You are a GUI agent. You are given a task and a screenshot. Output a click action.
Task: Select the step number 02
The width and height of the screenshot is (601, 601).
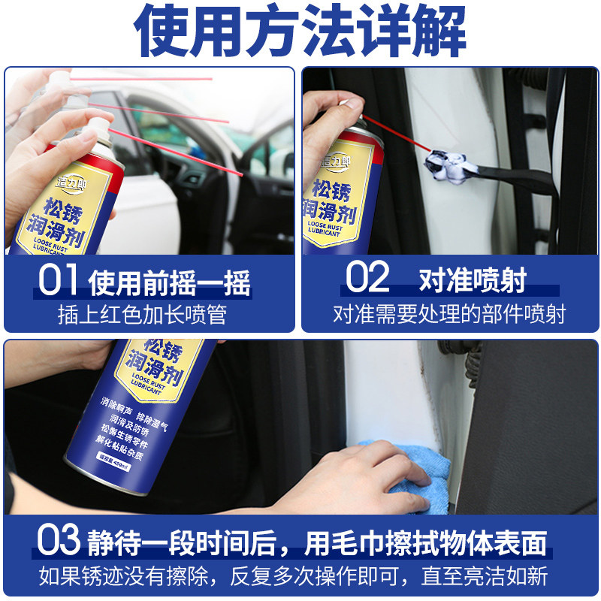(x=367, y=278)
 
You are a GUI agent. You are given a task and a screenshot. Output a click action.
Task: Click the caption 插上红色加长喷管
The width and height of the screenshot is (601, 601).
(x=142, y=313)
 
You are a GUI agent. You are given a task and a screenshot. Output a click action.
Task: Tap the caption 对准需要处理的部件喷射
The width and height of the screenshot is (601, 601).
(x=449, y=313)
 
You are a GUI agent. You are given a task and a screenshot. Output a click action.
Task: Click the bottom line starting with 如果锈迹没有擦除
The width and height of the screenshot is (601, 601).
(x=293, y=577)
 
